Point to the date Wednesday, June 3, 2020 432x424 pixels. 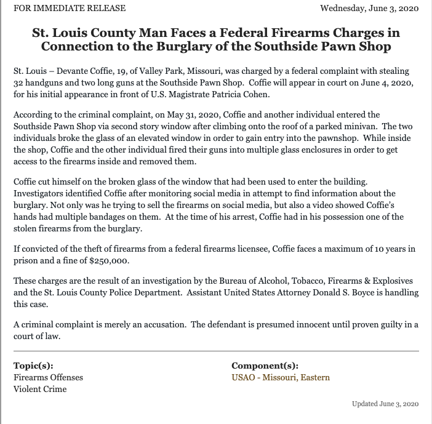(369, 9)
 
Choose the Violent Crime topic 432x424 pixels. (40, 389)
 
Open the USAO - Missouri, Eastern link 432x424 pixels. (280, 377)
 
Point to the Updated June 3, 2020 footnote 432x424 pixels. (385, 404)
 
